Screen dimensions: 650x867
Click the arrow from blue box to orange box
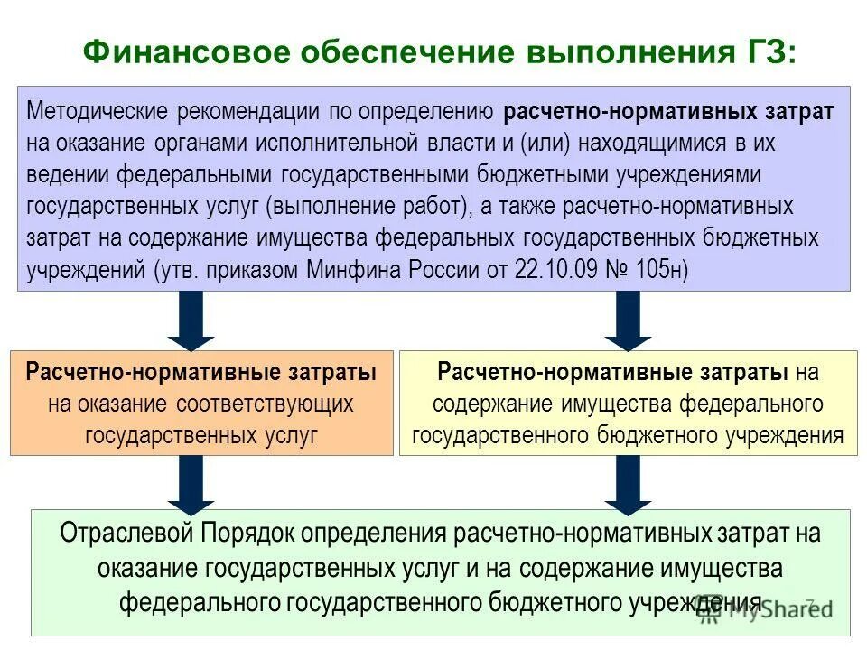[x=191, y=321]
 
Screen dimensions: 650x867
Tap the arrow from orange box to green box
[x=191, y=483]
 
